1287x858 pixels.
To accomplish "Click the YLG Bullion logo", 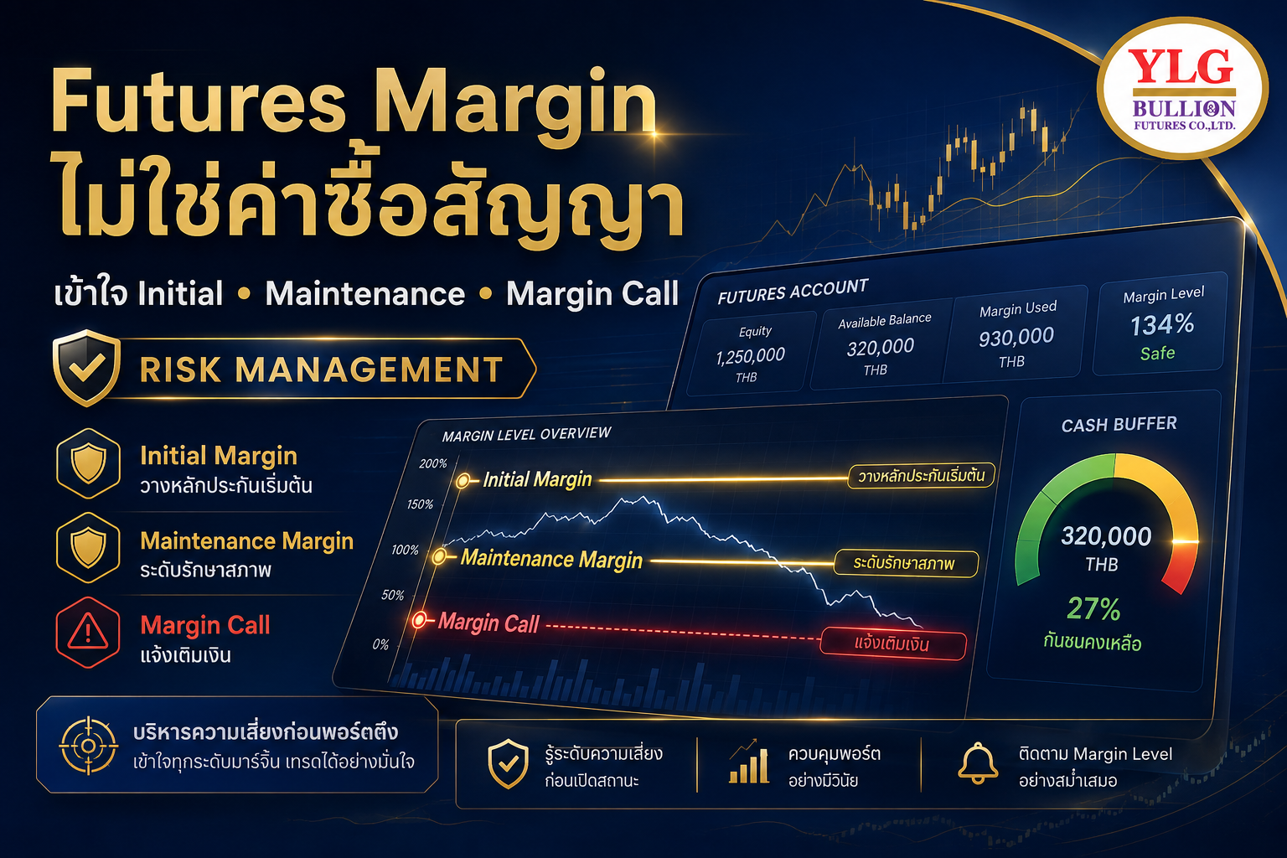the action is pos(1182,87).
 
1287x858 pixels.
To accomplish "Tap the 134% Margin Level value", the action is pos(1162,325).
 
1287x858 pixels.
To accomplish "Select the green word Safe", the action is pos(1158,353).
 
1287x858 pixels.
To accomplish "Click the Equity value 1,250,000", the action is pos(751,356).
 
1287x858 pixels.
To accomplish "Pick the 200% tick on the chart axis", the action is pos(432,463).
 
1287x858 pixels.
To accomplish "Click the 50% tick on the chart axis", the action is pos(392,595).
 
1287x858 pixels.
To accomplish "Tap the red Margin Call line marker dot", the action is pos(420,620).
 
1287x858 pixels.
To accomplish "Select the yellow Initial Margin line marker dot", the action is pos(463,481).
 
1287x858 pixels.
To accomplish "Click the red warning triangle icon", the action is pos(88,632).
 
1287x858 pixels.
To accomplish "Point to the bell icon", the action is pos(977,763).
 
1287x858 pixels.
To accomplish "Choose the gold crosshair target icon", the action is pos(89,746).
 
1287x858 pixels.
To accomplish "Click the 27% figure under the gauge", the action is pos(1094,608).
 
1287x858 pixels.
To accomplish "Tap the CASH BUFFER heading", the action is pos(1119,425).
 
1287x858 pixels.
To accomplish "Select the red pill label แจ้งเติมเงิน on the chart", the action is pos(893,643).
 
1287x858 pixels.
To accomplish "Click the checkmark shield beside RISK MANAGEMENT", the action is pos(87,368).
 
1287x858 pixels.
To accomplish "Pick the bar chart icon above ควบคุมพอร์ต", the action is pos(748,762).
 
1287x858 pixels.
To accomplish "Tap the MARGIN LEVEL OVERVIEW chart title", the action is pos(526,435).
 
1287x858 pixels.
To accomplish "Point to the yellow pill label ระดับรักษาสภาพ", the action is pos(906,563).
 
